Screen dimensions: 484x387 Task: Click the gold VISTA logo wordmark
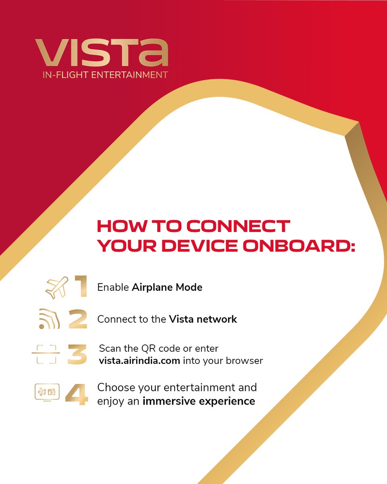click(101, 53)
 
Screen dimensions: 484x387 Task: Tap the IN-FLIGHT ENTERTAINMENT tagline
click(101, 75)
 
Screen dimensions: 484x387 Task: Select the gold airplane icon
click(57, 288)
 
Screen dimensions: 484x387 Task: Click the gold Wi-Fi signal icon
click(50, 319)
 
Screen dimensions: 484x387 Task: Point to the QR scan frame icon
click(46, 354)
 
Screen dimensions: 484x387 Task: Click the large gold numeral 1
click(80, 287)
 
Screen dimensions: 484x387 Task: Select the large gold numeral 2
click(78, 319)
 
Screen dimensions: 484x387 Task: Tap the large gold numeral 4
click(77, 394)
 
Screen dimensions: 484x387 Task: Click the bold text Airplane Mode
click(167, 287)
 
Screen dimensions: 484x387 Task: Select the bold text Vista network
click(203, 319)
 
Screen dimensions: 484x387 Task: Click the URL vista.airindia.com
click(139, 361)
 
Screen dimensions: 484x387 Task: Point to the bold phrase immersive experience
click(199, 401)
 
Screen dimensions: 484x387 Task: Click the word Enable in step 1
click(113, 287)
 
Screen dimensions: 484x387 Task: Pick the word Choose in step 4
click(116, 388)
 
